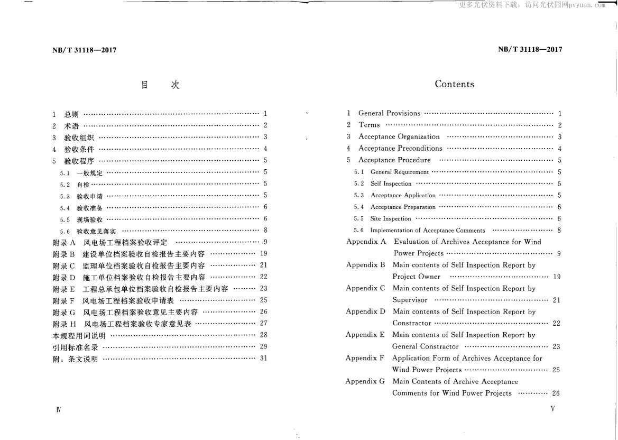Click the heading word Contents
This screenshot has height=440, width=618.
coord(454,84)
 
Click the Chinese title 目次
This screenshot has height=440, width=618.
coord(160,85)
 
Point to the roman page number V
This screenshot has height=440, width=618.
coord(552,409)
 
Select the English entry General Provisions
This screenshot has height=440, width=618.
coord(389,113)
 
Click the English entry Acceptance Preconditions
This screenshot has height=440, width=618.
coord(400,149)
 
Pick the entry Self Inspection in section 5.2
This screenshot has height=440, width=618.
coord(391,184)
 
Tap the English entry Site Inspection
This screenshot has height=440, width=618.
coord(391,219)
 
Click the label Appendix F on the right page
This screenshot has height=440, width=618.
coord(365,359)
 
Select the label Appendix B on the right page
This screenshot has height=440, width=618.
coord(365,265)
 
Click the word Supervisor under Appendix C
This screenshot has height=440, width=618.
coord(410,300)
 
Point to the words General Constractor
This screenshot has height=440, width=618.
coord(425,346)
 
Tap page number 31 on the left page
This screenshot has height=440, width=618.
coord(264,358)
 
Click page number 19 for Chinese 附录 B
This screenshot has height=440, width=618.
coord(264,253)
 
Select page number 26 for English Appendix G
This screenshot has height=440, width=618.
coord(556,393)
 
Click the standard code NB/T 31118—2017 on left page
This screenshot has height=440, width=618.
coord(85,50)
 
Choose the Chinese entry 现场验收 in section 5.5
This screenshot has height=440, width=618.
coord(89,219)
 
